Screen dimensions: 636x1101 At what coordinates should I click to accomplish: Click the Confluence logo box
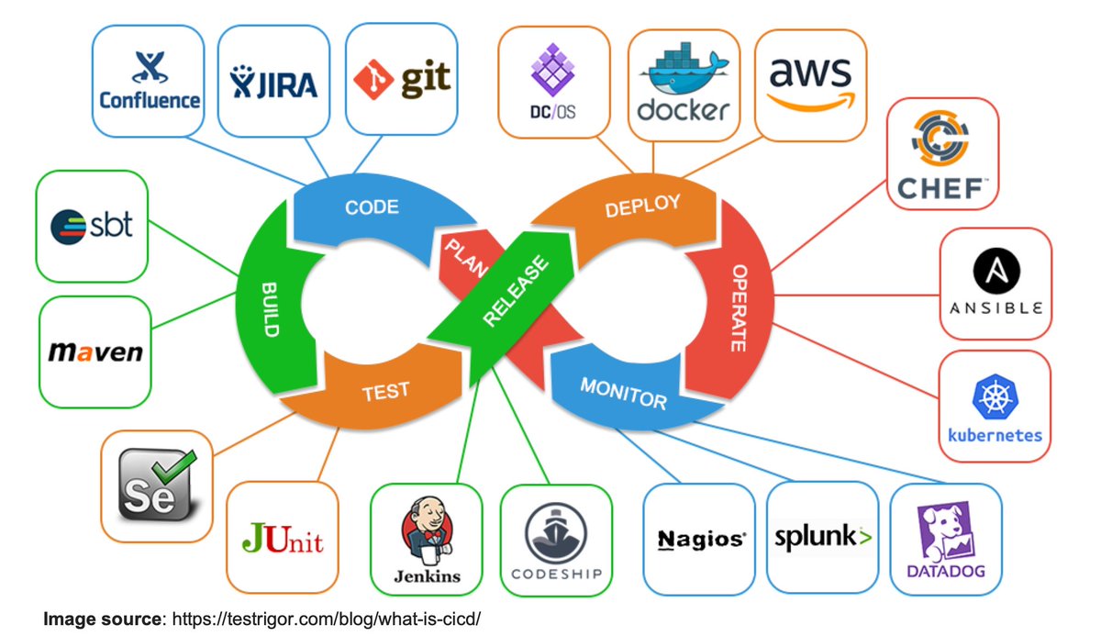(149, 81)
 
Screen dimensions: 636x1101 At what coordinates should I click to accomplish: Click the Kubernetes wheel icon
(995, 397)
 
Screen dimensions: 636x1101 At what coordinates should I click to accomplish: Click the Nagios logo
(701, 540)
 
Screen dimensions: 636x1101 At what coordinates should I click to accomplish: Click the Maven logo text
(95, 351)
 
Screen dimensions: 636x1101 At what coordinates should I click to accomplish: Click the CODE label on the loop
(372, 206)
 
